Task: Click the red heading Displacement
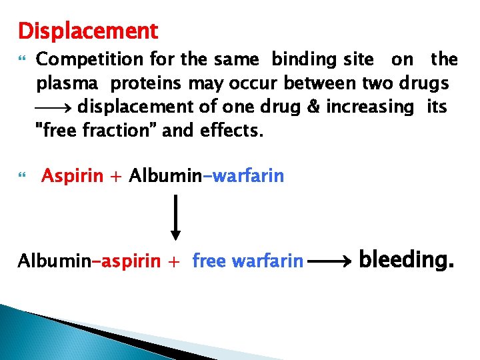[x=88, y=31]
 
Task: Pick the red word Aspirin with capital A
[x=72, y=176]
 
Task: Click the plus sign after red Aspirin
[x=117, y=177]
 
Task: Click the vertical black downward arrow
[x=175, y=217]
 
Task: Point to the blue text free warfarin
[x=247, y=261]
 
